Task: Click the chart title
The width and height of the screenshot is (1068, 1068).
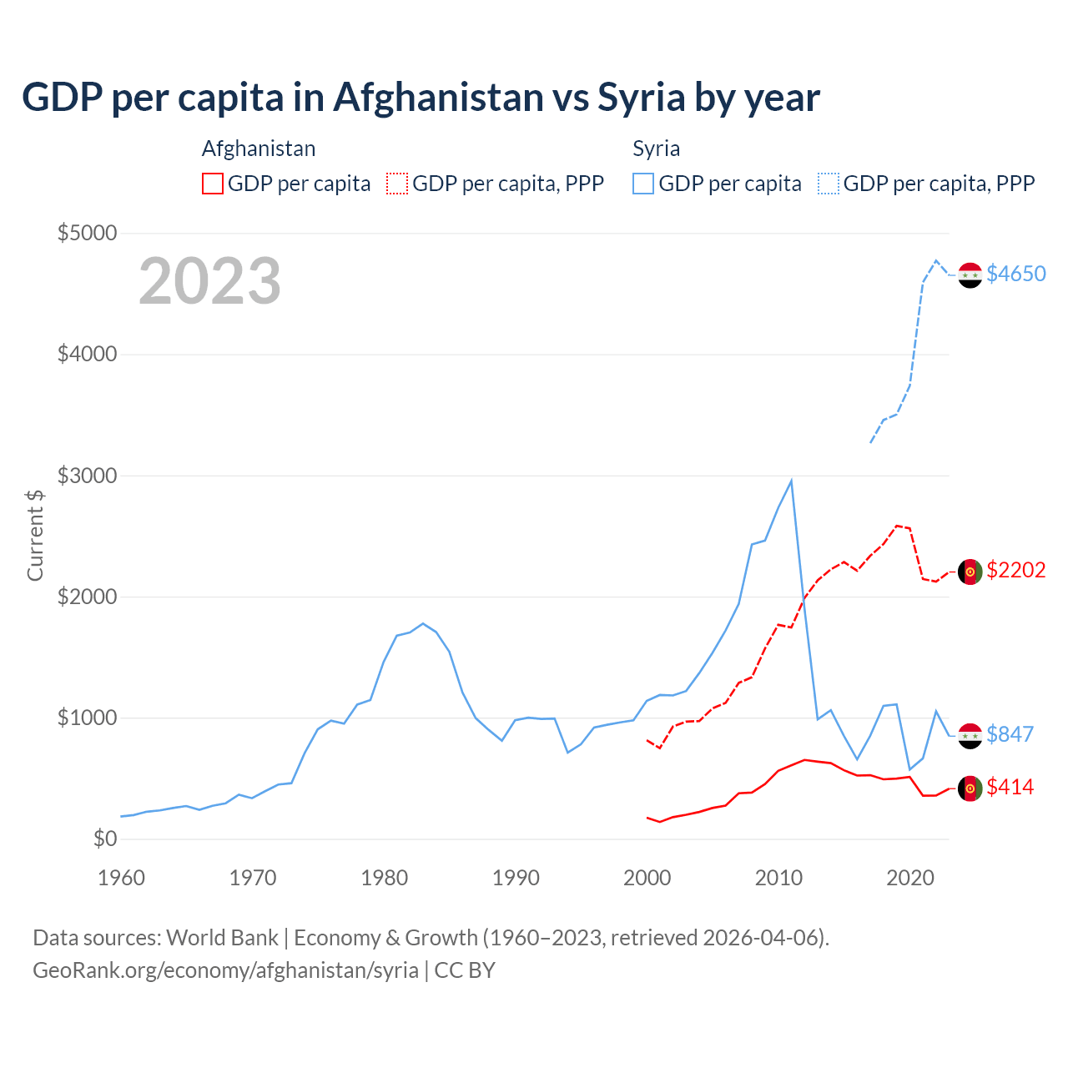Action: tap(421, 98)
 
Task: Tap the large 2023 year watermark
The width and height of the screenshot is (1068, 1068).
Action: tap(209, 281)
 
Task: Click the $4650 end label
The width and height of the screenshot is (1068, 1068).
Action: tap(1015, 274)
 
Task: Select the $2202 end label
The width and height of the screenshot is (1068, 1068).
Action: tap(1015, 570)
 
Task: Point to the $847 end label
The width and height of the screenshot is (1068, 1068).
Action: tap(1010, 734)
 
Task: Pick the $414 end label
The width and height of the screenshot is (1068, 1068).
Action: tap(1010, 787)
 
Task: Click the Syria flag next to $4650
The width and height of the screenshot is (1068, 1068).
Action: tap(970, 275)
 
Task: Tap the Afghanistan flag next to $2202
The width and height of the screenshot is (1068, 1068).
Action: tap(970, 572)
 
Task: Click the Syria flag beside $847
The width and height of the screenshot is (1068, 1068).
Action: tap(970, 736)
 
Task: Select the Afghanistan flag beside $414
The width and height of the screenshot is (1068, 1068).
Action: tap(970, 788)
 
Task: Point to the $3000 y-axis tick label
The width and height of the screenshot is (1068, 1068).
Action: tap(87, 476)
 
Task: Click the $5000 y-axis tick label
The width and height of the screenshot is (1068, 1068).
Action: tap(87, 233)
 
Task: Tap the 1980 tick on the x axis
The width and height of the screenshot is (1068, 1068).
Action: tap(385, 878)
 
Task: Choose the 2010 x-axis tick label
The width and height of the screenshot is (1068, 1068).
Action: tap(778, 878)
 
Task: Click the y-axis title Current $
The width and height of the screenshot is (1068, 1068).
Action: tap(35, 535)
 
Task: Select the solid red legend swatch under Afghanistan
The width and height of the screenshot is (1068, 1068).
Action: tap(213, 184)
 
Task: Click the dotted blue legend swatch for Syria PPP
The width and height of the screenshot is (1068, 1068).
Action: tap(829, 184)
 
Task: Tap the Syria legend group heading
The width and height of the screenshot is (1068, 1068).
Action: tap(656, 149)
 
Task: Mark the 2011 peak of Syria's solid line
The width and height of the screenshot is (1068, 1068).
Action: tap(791, 481)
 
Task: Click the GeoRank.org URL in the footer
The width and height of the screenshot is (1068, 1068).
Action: tap(225, 970)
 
